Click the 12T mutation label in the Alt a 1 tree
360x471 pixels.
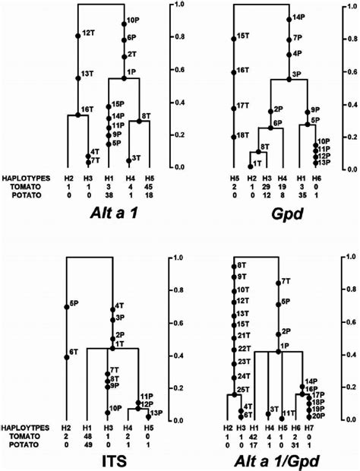tap(88, 34)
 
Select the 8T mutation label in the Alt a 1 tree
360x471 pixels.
tap(146, 115)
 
